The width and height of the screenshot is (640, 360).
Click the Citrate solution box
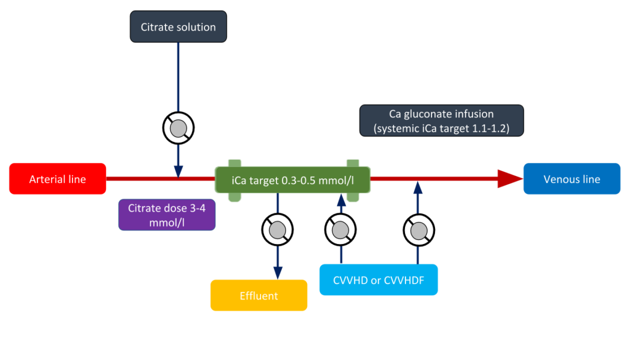(178, 27)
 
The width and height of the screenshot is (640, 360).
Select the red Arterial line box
(58, 179)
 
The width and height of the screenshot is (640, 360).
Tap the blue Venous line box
(571, 179)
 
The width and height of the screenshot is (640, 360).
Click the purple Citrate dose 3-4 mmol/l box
(167, 215)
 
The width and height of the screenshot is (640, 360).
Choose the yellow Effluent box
(259, 295)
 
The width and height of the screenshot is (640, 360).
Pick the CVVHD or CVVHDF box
(378, 280)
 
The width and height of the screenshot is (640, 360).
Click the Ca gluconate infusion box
(441, 121)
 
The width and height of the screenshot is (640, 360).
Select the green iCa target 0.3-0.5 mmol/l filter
(292, 180)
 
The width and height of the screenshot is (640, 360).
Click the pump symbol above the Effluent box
(278, 229)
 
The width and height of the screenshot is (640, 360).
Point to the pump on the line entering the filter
(340, 229)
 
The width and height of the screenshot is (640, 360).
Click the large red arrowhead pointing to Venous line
(510, 179)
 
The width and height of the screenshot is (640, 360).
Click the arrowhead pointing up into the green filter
(340, 200)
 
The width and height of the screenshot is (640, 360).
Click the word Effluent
(259, 295)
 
